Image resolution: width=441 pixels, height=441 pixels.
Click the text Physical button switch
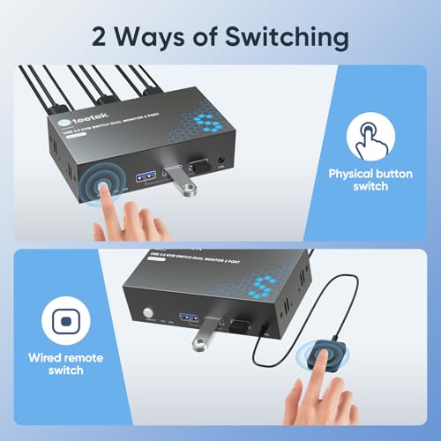371,180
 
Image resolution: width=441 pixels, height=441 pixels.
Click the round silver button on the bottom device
148,314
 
